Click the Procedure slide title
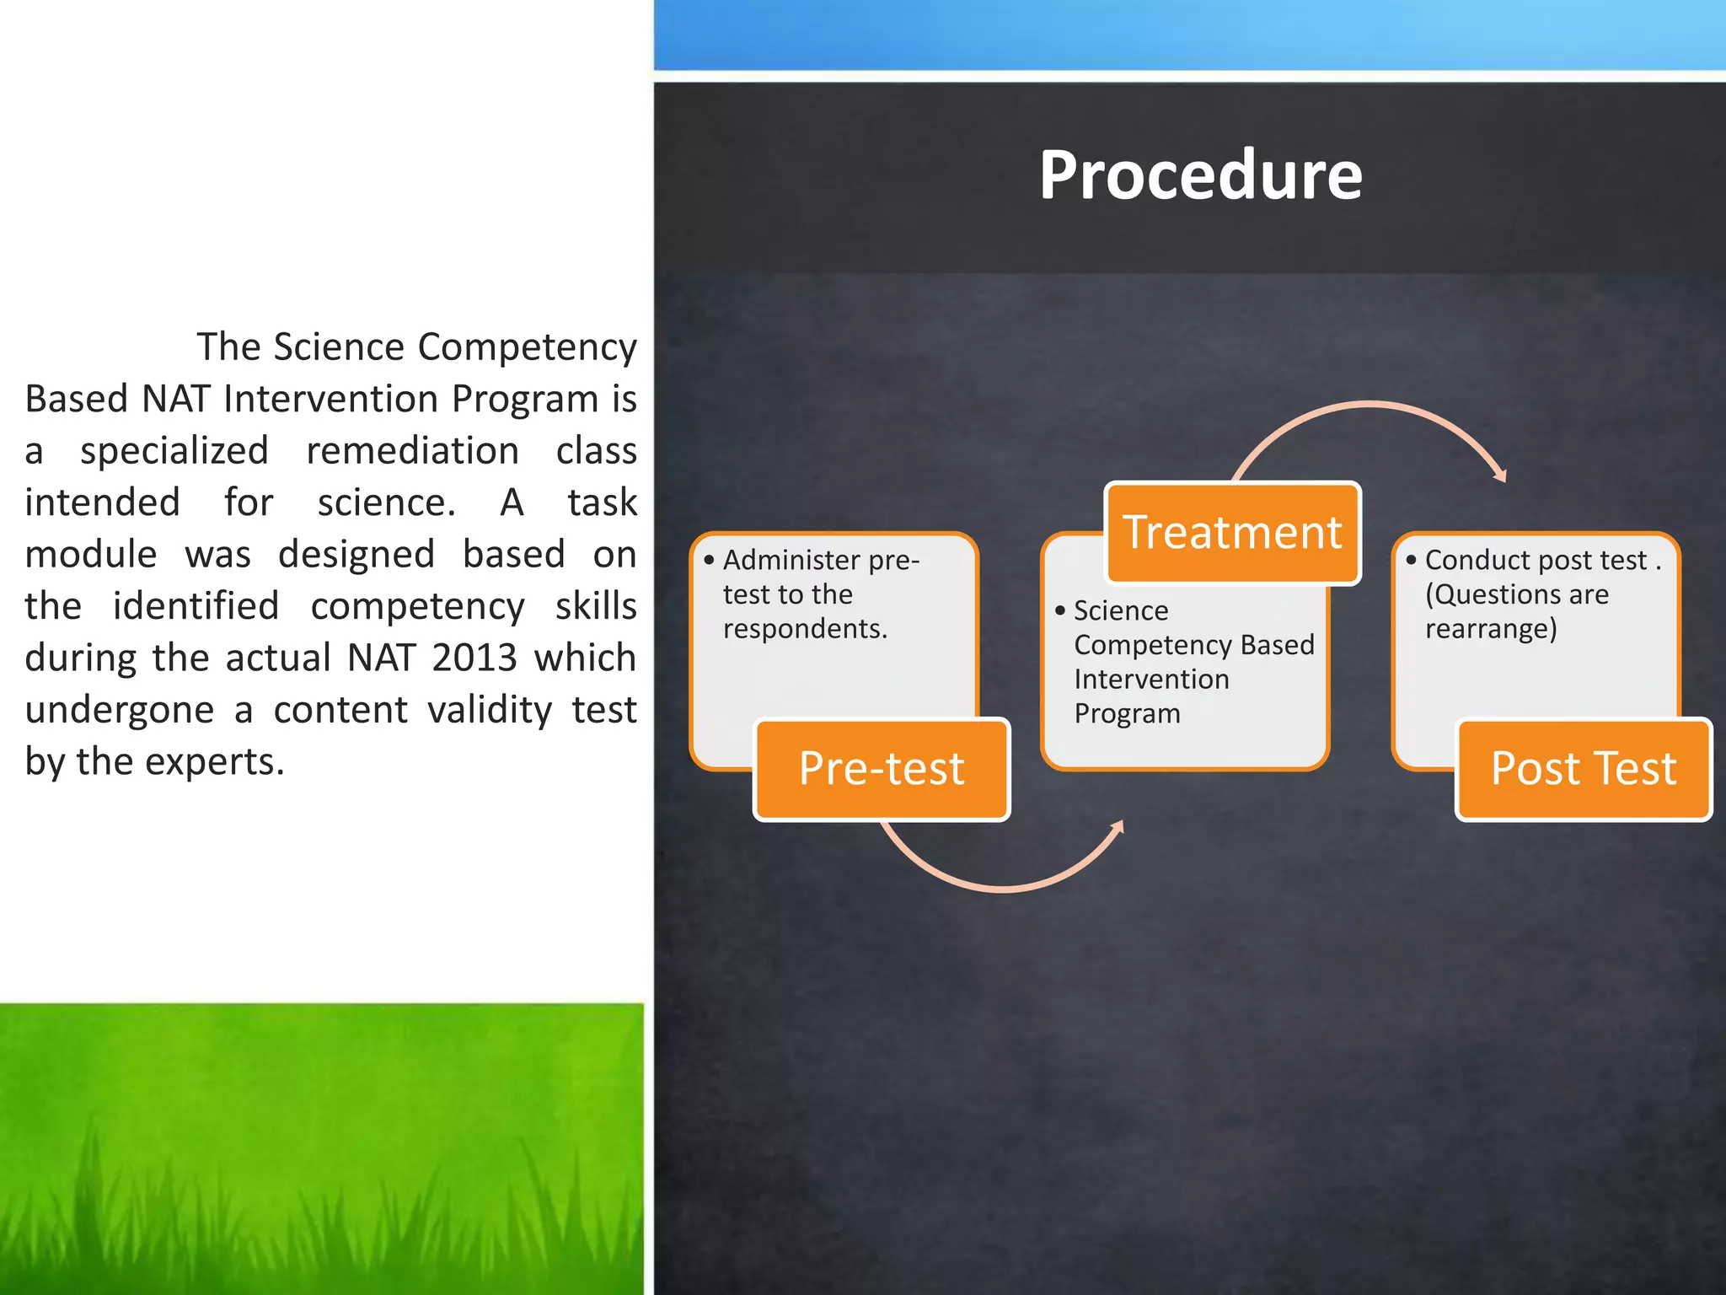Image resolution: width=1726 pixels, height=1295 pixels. (1199, 175)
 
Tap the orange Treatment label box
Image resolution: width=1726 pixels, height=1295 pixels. (1232, 533)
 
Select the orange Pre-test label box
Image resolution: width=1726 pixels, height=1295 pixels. (882, 769)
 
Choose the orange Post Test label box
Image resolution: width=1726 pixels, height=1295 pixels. (1583, 769)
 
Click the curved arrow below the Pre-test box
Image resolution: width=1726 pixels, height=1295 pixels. (1003, 877)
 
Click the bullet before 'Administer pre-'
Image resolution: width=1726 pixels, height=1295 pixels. (709, 561)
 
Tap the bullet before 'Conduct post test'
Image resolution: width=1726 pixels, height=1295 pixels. (1411, 561)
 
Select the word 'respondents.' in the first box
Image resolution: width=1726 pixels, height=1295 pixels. (805, 629)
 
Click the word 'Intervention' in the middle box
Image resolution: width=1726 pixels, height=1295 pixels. (1151, 680)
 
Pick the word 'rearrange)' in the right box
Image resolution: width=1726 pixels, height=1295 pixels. (1491, 629)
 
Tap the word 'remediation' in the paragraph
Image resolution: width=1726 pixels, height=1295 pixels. (412, 451)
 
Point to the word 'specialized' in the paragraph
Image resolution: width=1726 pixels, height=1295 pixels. (174, 451)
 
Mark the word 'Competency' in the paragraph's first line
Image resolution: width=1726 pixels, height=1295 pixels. (527, 347)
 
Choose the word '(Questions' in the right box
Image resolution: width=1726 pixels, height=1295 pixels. (1487, 595)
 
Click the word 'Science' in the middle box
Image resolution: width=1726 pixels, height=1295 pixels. (1121, 610)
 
